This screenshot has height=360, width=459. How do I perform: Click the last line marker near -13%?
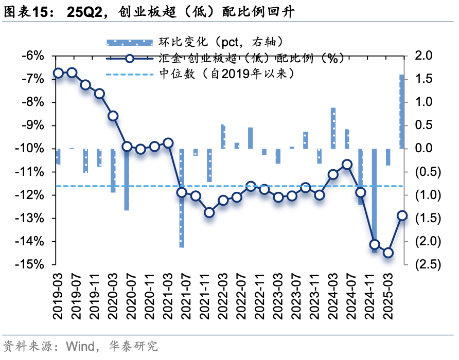[402, 216]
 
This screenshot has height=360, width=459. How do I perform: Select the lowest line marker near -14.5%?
[388, 253]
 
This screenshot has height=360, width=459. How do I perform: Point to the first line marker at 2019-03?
[58, 73]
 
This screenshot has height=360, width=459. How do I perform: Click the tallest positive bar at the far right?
[402, 112]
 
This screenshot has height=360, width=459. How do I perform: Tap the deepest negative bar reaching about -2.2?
[374, 201]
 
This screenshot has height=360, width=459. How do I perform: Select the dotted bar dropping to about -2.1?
[182, 198]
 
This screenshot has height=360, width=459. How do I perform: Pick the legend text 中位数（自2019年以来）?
[227, 74]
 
